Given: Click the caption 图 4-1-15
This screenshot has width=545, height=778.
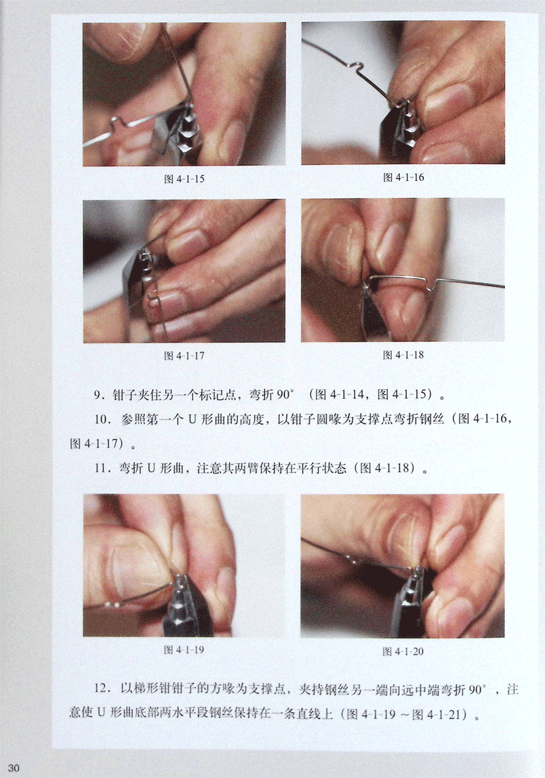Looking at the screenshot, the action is click(x=184, y=179).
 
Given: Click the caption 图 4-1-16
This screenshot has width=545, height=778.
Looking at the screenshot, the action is click(x=404, y=178).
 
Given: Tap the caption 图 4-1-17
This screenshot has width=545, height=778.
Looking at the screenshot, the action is click(x=184, y=356).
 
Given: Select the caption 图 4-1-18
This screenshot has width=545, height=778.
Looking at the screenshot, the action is click(x=403, y=355).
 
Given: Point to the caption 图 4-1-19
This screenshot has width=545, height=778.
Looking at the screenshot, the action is click(x=184, y=650).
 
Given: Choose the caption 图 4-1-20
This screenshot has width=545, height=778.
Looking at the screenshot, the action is click(x=403, y=651).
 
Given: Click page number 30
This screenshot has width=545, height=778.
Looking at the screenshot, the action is click(x=14, y=767).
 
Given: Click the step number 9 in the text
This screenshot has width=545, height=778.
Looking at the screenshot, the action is click(x=98, y=396).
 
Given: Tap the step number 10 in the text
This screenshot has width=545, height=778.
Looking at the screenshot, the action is click(x=100, y=420).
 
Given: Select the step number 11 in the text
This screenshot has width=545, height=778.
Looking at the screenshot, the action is click(x=100, y=469).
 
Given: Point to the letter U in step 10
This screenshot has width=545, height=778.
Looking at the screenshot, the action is click(x=193, y=420).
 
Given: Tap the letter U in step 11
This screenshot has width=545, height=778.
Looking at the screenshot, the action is click(x=151, y=469).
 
